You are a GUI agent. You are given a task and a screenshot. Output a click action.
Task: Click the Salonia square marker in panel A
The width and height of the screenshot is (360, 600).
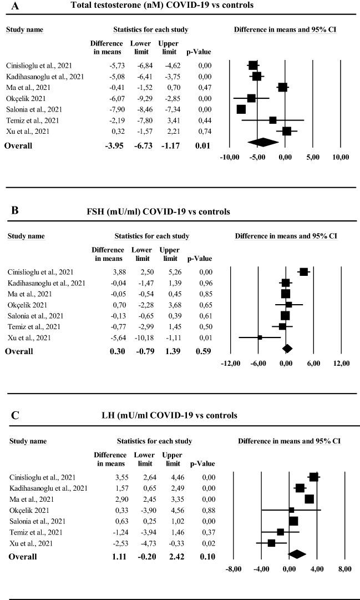tap(241, 109)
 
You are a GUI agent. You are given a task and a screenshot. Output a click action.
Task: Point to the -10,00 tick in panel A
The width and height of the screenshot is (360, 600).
tap(230, 157)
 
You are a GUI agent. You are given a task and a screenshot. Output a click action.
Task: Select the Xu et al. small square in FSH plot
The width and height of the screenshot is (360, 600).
tap(260, 337)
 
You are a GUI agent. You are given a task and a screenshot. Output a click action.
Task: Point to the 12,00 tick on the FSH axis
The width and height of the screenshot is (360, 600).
tap(341, 363)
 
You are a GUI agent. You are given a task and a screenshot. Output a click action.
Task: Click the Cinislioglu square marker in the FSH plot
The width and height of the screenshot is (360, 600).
tap(303, 271)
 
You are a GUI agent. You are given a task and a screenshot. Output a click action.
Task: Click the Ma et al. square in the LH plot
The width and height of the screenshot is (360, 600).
tap(309, 499)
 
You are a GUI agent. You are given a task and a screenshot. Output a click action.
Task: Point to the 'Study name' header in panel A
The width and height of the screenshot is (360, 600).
tap(24, 29)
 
